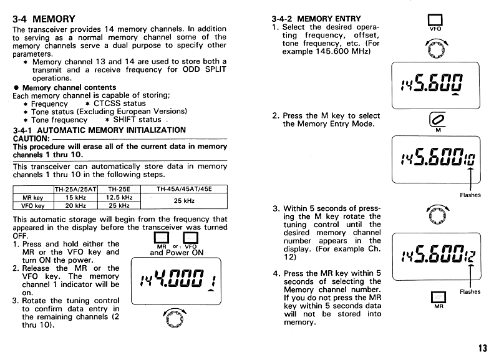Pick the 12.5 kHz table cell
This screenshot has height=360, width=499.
coord(119,197)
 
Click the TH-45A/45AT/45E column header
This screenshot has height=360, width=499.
coord(185,189)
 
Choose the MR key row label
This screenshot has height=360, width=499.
coord(33,197)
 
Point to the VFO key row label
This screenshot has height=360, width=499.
coord(33,205)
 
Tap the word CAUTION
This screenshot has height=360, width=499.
coord(31,138)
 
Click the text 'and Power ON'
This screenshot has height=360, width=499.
coord(177,253)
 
